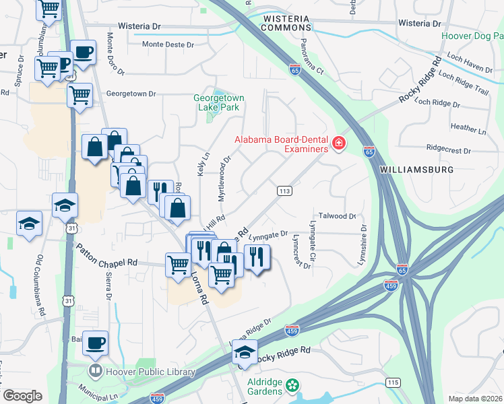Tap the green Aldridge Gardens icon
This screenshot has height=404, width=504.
(x=292, y=385)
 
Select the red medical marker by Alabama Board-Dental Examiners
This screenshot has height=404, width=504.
(x=338, y=143)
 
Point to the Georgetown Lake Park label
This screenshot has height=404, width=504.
(x=219, y=102)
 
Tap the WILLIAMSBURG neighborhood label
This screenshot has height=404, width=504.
(x=417, y=170)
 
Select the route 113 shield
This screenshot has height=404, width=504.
(x=284, y=191)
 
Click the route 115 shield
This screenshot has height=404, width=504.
(x=393, y=382)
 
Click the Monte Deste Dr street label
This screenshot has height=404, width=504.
(x=168, y=44)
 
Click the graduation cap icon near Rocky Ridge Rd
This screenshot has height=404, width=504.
(x=246, y=352)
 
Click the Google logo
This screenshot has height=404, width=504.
(x=22, y=396)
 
